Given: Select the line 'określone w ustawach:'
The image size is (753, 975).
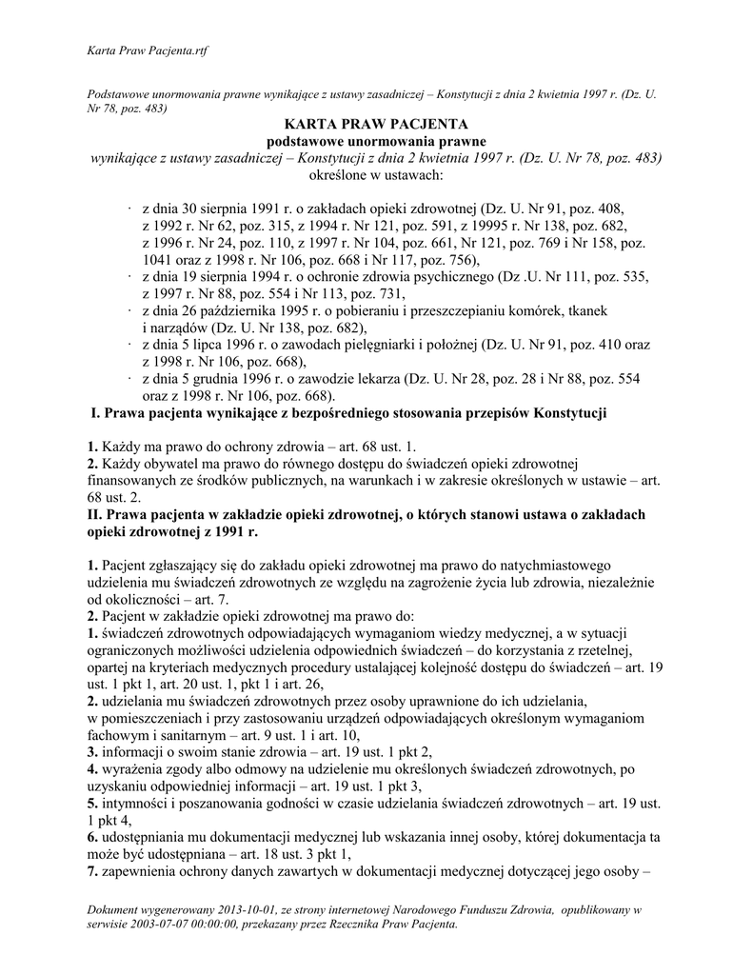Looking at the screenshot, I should click(376, 175).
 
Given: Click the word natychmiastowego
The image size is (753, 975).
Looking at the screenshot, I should click(537, 567).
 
